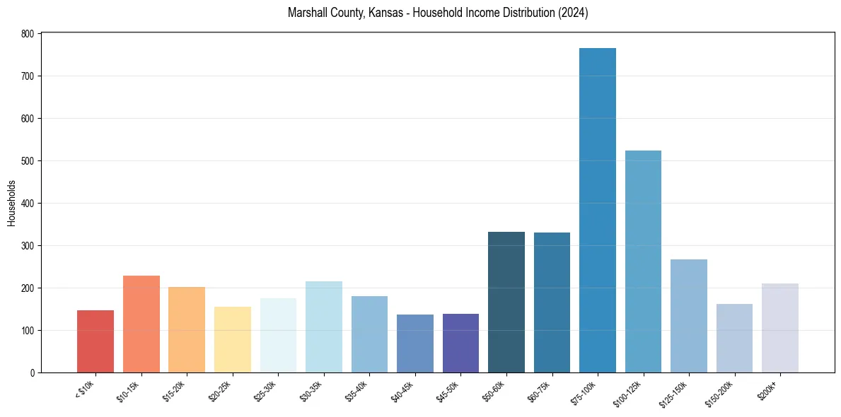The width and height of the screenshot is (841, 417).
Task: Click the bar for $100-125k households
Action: (643, 262)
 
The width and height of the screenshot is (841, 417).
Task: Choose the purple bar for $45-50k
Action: (460, 343)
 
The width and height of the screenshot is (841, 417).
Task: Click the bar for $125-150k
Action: (688, 316)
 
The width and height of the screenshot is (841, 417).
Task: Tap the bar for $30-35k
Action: (323, 327)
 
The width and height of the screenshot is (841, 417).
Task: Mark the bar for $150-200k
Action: (734, 338)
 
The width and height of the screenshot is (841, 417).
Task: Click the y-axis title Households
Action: (11, 203)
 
